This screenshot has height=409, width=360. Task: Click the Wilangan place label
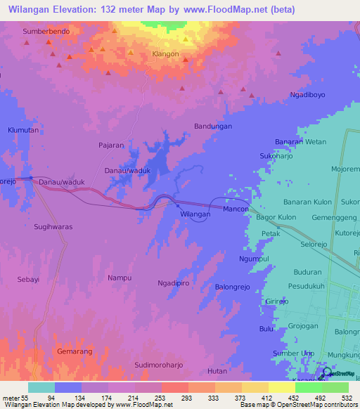(x=195, y=214)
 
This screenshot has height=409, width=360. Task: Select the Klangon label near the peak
(x=166, y=53)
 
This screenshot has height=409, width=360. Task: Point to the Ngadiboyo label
(x=307, y=94)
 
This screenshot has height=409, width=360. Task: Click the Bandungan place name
(x=212, y=126)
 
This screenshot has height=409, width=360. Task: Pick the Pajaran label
(x=111, y=145)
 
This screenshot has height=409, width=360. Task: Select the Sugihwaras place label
(x=53, y=227)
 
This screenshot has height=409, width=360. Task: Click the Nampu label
(x=120, y=278)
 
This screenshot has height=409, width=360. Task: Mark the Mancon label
(x=236, y=210)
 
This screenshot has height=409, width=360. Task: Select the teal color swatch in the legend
(x=41, y=387)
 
